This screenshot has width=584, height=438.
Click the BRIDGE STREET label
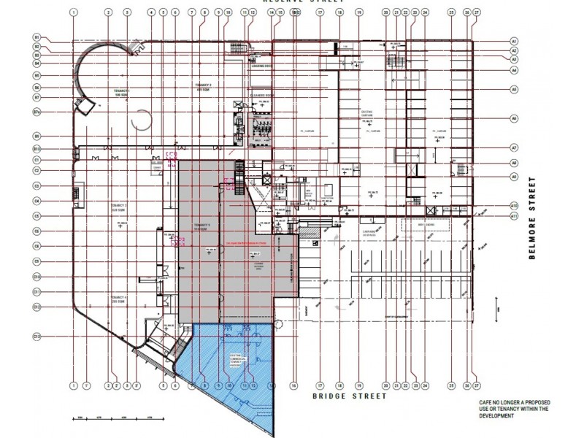(x=339, y=396)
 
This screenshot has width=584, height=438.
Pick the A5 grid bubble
(x=514, y=89)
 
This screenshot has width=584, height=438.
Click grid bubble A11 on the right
(x=514, y=216)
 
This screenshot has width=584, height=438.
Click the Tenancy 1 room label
(x=120, y=92)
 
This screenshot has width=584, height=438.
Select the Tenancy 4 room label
(x=120, y=299)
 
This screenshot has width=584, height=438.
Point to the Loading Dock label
(x=261, y=66)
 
